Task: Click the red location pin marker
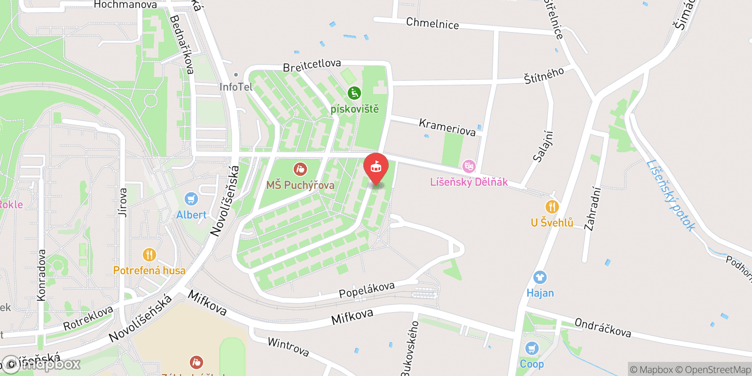tap(376, 167)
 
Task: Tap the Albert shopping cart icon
tap(191, 199)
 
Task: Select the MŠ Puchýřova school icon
tap(300, 169)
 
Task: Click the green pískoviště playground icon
tap(354, 94)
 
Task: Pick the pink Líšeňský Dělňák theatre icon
tap(469, 166)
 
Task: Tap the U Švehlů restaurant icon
tap(552, 207)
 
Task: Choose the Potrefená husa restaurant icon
tap(149, 255)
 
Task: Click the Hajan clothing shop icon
tap(540, 277)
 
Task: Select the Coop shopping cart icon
tap(532, 348)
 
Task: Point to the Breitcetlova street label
tap(312, 66)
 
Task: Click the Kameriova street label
tap(447, 127)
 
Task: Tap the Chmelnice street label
tap(432, 23)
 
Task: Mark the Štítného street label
tap(544, 76)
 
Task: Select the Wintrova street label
tap(288, 347)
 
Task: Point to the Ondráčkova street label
tap(603, 328)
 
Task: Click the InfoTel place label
tap(236, 87)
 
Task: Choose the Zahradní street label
tap(593, 209)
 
